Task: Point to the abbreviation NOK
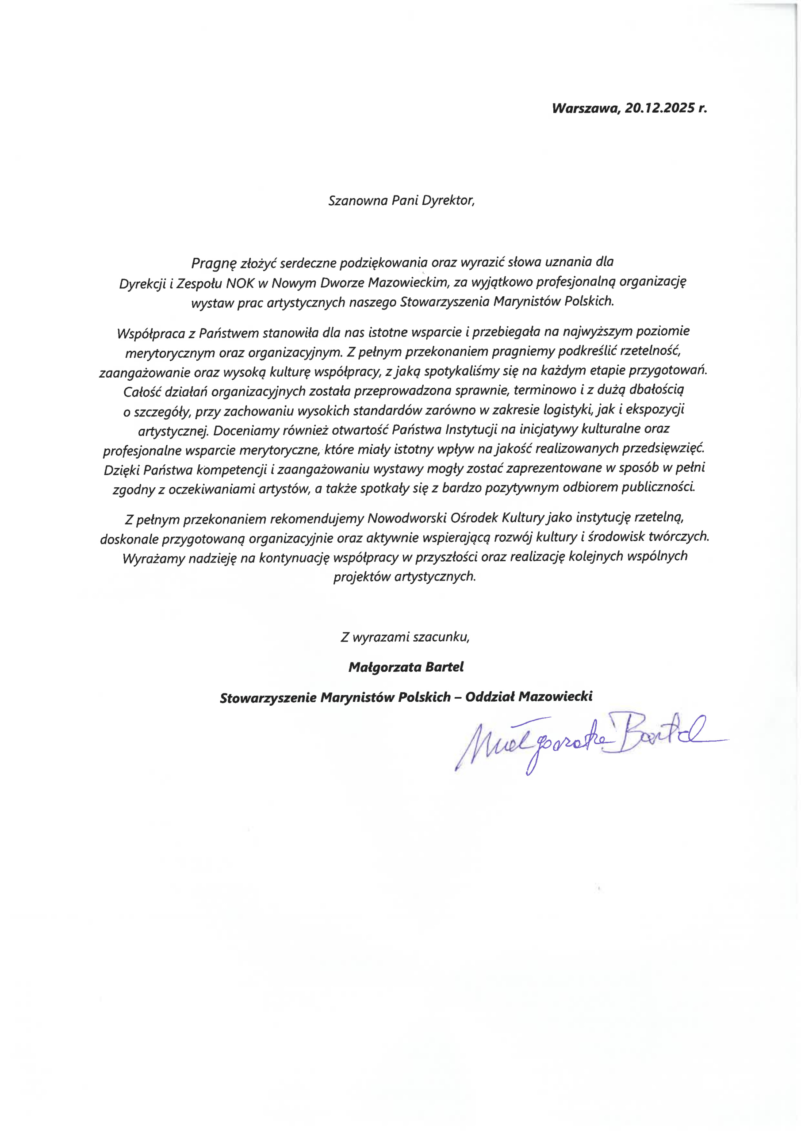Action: [239, 283]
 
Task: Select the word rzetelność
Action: [651, 352]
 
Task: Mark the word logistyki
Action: [568, 410]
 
